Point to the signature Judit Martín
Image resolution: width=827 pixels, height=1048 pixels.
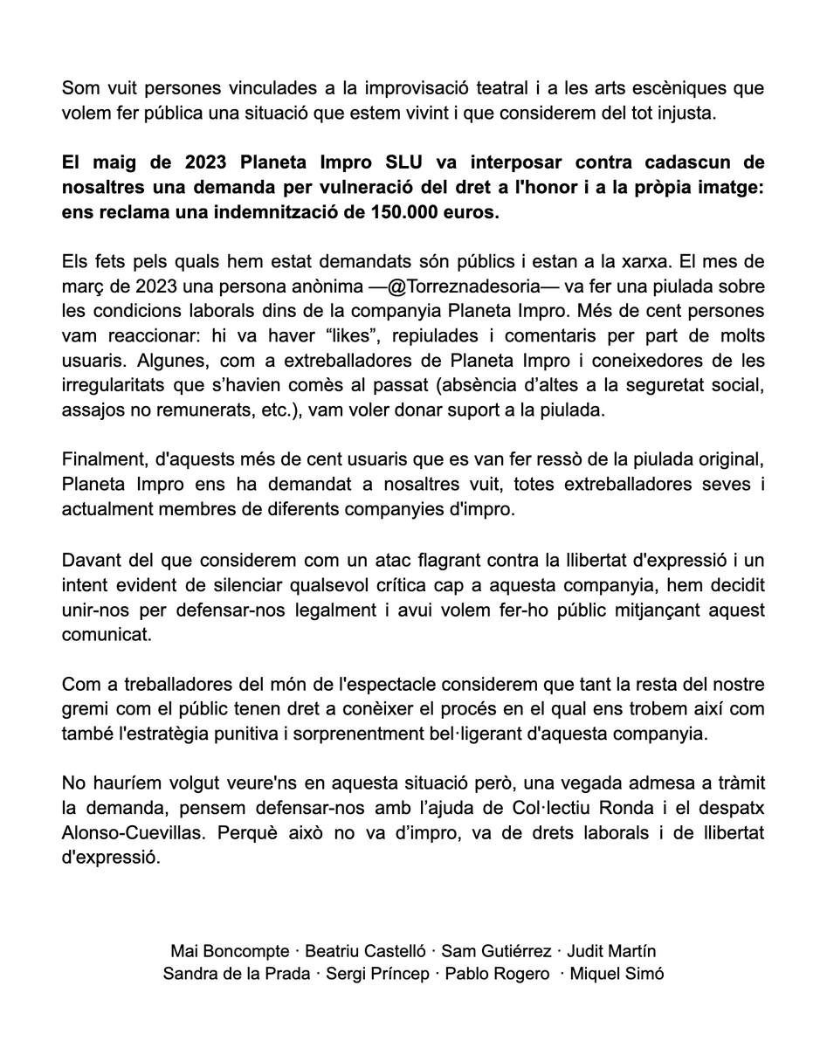pyautogui.click(x=612, y=950)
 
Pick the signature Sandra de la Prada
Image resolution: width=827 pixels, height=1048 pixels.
pyautogui.click(x=236, y=974)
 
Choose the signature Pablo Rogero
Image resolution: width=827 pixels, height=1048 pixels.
pyautogui.click(x=497, y=974)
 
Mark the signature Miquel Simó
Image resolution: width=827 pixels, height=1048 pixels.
pyautogui.click(x=616, y=974)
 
